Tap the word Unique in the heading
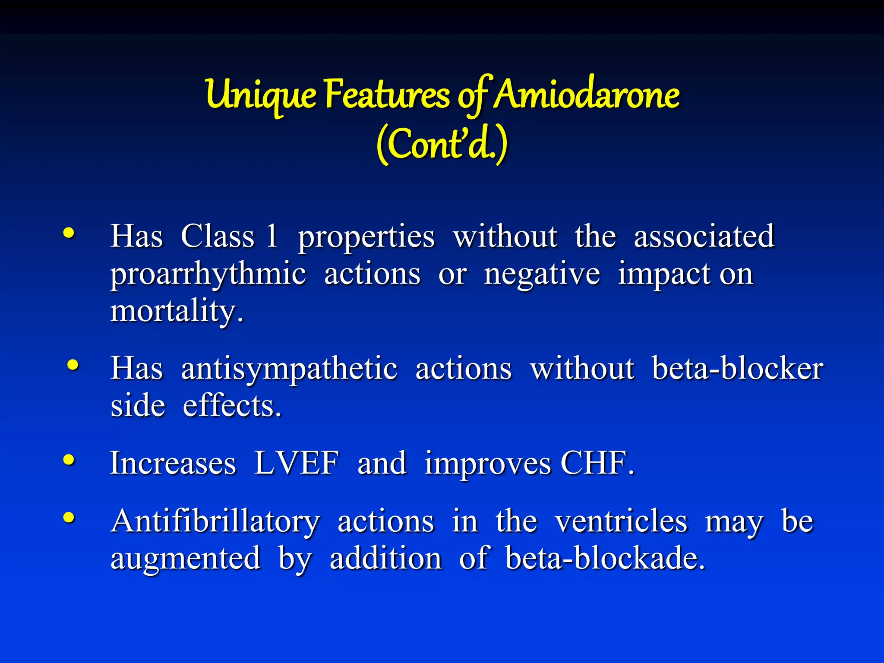click(x=261, y=95)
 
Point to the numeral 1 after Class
click(x=272, y=236)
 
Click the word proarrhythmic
click(x=208, y=275)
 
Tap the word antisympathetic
click(x=289, y=369)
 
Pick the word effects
click(x=232, y=406)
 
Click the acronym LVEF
click(x=297, y=463)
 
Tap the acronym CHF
click(x=597, y=463)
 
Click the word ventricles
click(x=621, y=521)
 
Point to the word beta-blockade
click(x=605, y=558)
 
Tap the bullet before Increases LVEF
click(x=69, y=460)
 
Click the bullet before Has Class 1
click(x=69, y=233)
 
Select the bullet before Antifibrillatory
click(x=69, y=517)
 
